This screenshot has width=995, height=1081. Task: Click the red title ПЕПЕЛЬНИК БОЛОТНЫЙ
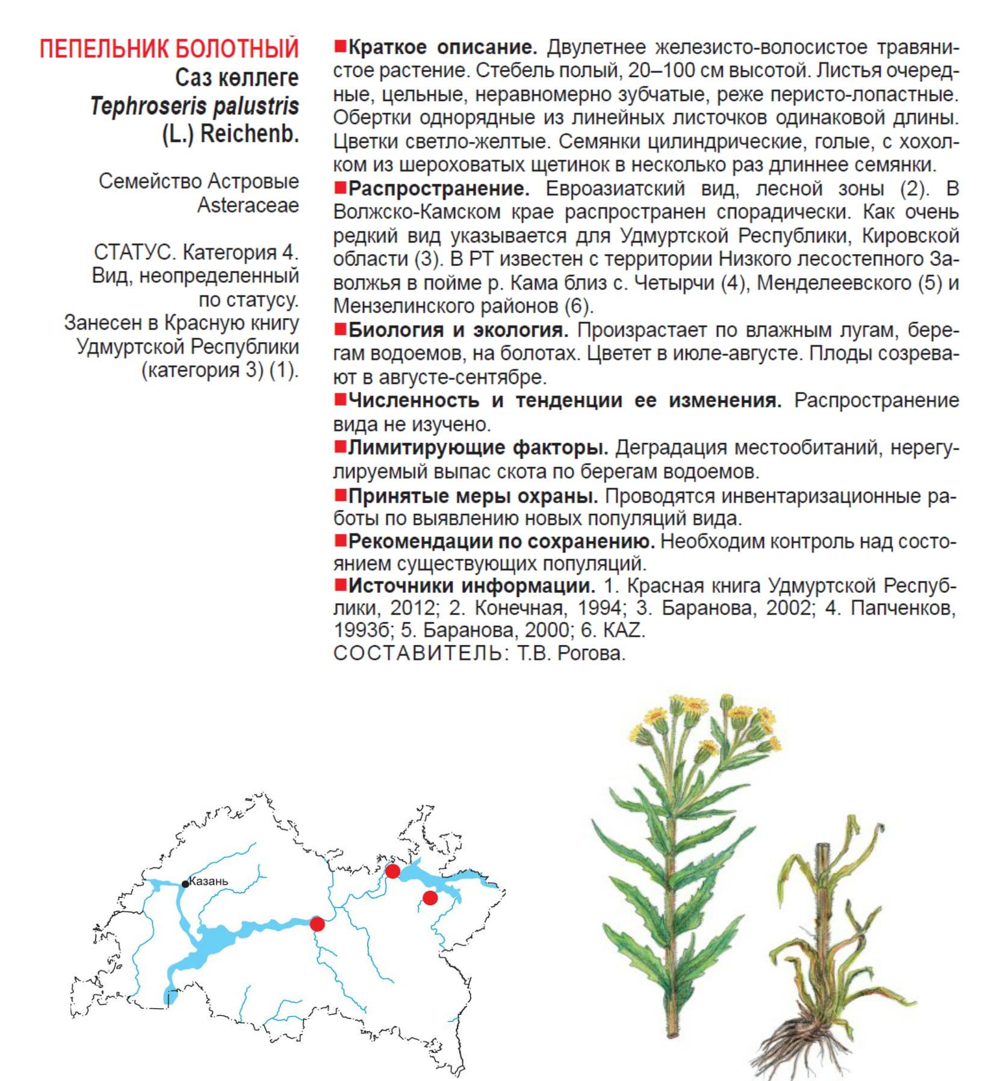(169, 49)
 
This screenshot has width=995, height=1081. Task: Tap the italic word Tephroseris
(140, 107)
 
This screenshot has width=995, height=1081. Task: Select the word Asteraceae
(248, 205)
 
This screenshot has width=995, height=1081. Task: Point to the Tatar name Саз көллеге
(237, 78)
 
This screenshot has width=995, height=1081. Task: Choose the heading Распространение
(439, 188)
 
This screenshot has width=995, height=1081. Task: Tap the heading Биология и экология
(458, 330)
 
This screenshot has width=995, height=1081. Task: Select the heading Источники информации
(471, 585)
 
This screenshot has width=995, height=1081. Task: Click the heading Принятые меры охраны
(473, 496)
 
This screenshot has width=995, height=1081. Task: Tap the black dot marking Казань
(185, 884)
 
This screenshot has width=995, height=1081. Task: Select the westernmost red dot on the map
(317, 924)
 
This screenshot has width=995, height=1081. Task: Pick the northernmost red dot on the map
(392, 871)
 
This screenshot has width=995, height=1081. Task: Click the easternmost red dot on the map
(430, 898)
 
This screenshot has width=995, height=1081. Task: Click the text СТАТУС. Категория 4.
(196, 252)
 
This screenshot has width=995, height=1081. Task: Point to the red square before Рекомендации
(340, 540)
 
